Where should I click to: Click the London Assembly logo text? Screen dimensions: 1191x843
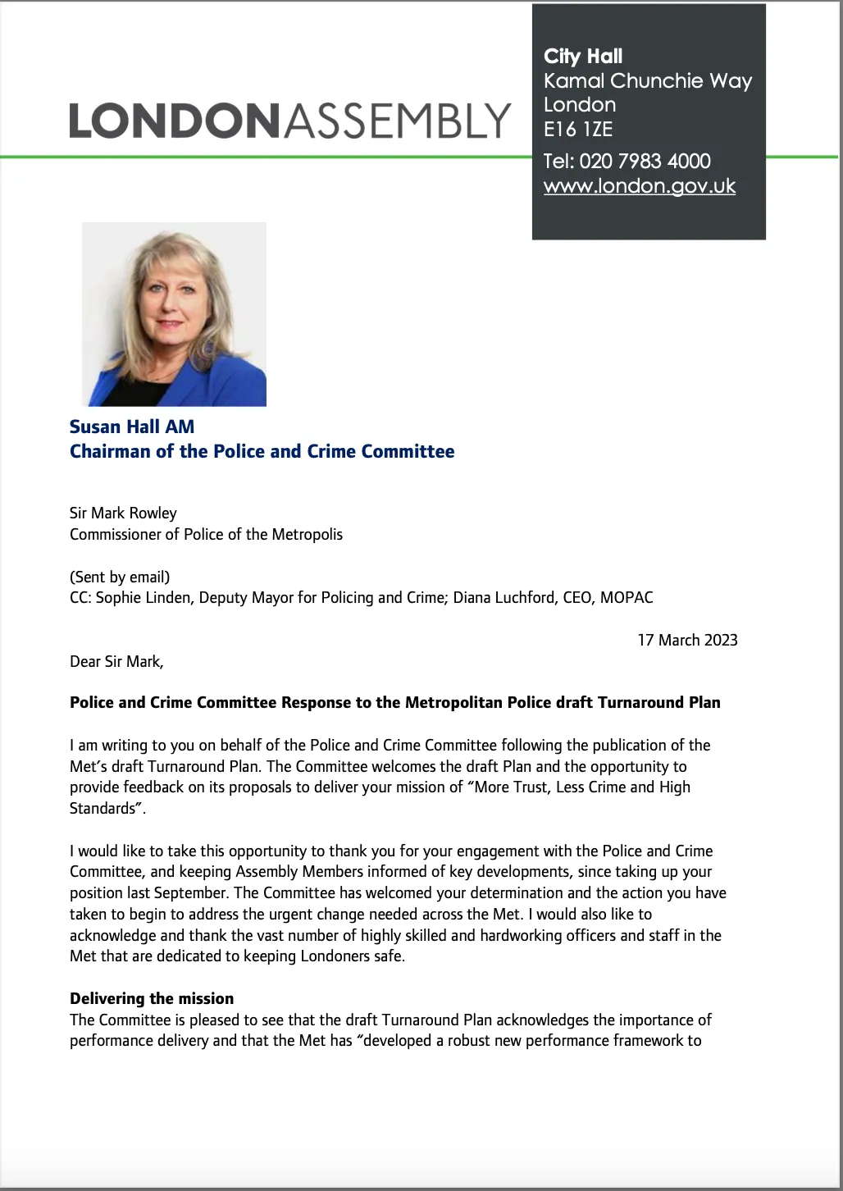(289, 121)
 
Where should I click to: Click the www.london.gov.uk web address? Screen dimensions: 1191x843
(639, 186)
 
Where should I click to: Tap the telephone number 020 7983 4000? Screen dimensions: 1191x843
(645, 161)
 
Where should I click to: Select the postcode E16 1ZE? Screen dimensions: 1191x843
(578, 129)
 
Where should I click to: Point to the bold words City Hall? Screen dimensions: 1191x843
(583, 56)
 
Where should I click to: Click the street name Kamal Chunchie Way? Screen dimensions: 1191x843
(647, 80)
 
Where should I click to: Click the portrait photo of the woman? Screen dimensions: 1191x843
(174, 314)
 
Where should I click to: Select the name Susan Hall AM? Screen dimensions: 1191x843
(132, 427)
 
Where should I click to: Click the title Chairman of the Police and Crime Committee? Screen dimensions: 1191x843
(262, 451)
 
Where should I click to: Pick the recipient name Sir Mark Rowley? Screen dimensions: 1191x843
(123, 513)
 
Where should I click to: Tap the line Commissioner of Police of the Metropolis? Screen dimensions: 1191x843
(206, 534)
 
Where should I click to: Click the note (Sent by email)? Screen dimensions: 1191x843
(120, 577)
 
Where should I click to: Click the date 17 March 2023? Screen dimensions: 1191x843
(687, 640)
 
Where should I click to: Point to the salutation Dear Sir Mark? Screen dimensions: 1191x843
(116, 661)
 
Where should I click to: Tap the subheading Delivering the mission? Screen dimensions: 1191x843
(152, 998)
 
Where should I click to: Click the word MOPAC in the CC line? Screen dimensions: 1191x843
(627, 597)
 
